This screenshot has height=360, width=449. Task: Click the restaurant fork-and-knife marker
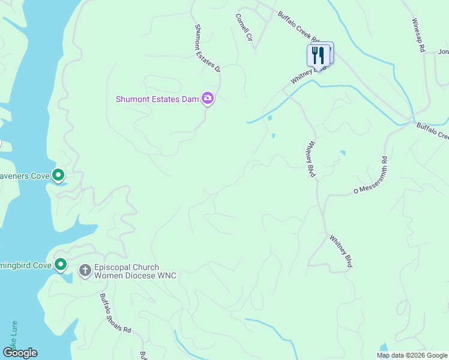pyautogui.click(x=318, y=55)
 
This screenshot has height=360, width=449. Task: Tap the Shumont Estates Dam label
pyautogui.click(x=157, y=99)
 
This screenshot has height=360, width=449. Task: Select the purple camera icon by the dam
pyautogui.click(x=208, y=98)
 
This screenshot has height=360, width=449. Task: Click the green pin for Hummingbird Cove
pyautogui.click(x=61, y=264)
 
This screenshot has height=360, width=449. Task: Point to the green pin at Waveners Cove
pyautogui.click(x=58, y=175)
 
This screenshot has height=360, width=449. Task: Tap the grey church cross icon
pyautogui.click(x=85, y=271)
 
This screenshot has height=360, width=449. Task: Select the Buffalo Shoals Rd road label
pyautogui.click(x=115, y=314)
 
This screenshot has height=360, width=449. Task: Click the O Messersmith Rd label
pyautogui.click(x=371, y=176)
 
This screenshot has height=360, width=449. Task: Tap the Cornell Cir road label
pyautogui.click(x=243, y=27)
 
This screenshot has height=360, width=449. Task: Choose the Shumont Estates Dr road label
pyautogui.click(x=208, y=48)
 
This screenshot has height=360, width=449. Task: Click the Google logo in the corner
pyautogui.click(x=19, y=353)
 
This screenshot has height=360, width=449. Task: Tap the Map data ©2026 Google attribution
pyautogui.click(x=412, y=355)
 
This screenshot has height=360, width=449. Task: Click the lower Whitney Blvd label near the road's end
pyautogui.click(x=340, y=251)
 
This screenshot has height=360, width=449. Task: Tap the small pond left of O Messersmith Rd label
pyautogui.click(x=342, y=153)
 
